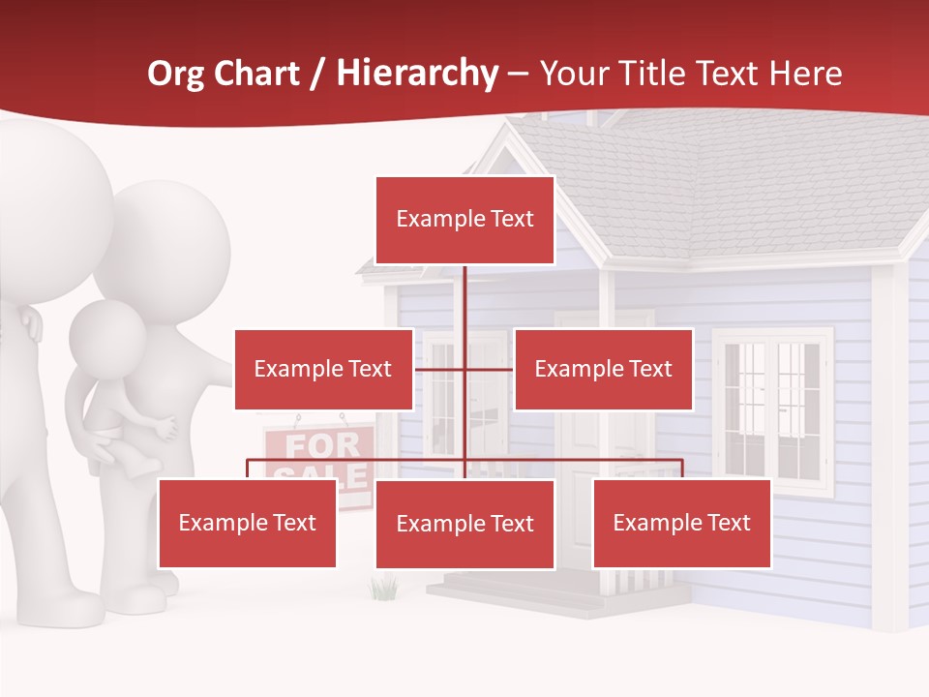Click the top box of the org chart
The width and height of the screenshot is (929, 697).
(x=464, y=220)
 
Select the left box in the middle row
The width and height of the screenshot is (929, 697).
(x=323, y=369)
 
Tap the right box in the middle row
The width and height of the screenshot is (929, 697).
(x=603, y=369)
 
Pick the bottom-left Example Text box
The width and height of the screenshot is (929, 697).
(x=248, y=524)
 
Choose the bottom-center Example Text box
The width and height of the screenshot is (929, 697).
(x=464, y=524)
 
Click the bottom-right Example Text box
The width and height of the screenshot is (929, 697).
(x=681, y=524)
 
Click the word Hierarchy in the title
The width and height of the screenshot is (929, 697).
(x=417, y=74)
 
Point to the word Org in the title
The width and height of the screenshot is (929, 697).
(x=175, y=74)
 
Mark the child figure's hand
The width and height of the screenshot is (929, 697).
(x=167, y=427)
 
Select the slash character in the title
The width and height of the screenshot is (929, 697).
(x=317, y=74)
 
